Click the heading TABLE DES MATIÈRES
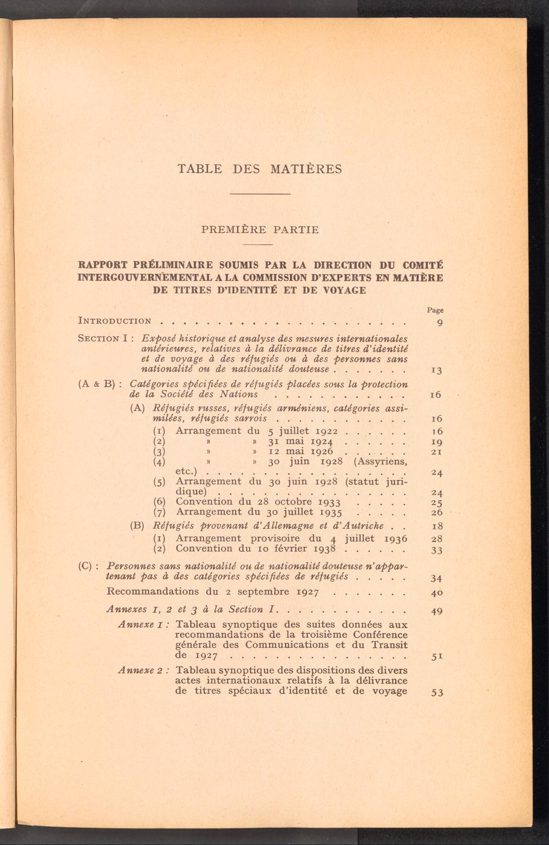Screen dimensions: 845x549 [x=260, y=169]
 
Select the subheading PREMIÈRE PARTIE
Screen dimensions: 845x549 [x=260, y=230]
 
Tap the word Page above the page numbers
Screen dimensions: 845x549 [x=435, y=310]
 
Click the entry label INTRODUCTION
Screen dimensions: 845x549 [x=115, y=321]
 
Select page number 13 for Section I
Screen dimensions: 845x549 [x=437, y=370]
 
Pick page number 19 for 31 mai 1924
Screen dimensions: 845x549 [x=437, y=442]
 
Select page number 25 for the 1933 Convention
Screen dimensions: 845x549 [x=437, y=502]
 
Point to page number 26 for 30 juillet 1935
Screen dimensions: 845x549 [x=437, y=513]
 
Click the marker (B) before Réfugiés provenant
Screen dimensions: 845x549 [x=137, y=525]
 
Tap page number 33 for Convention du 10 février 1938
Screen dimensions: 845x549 [x=437, y=550]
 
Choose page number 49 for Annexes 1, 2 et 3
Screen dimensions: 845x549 [x=437, y=611]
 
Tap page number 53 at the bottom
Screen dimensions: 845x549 [x=437, y=692]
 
